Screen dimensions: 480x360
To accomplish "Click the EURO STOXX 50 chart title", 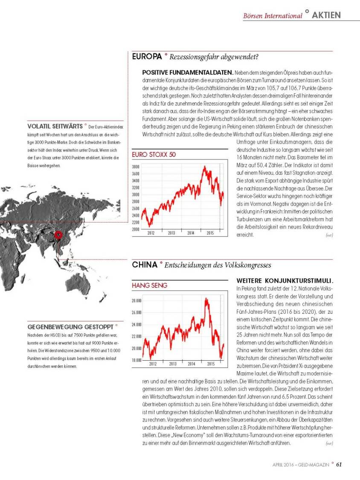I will click(154, 154).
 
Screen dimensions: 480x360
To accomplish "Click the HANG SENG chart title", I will click(149, 285).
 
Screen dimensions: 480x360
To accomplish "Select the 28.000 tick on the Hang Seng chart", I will click(136, 301).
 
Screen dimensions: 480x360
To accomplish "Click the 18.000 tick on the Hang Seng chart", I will click(136, 360).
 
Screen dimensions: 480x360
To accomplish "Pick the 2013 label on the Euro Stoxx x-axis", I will click(171, 233).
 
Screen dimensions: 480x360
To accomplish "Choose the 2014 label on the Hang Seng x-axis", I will click(192, 364).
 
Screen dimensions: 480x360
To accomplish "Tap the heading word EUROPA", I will click(147, 56).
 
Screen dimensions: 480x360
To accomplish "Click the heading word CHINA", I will click(145, 265).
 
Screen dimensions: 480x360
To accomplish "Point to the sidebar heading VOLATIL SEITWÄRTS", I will click(55, 126).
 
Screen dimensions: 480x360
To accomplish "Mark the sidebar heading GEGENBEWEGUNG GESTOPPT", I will click(70, 327).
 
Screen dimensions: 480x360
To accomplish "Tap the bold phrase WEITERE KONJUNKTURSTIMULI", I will click(284, 281).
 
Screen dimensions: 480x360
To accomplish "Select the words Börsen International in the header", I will click(272, 16).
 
